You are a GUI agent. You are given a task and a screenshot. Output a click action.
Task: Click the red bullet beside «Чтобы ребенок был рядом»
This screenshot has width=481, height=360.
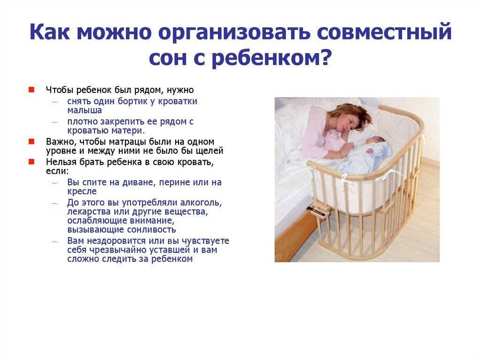31,90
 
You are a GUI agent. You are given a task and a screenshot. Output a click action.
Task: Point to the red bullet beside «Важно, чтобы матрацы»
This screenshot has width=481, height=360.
31,141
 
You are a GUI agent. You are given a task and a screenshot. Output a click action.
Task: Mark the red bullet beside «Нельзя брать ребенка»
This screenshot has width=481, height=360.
31,161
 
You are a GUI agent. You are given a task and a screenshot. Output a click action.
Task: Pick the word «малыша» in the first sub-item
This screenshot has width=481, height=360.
85,110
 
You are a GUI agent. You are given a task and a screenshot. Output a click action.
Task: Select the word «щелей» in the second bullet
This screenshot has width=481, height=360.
211,151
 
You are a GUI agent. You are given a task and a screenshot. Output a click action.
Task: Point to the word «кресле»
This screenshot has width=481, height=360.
82,191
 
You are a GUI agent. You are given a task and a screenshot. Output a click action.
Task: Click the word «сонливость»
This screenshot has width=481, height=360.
152,230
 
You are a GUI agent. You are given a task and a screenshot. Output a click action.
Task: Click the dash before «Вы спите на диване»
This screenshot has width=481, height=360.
54,183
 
